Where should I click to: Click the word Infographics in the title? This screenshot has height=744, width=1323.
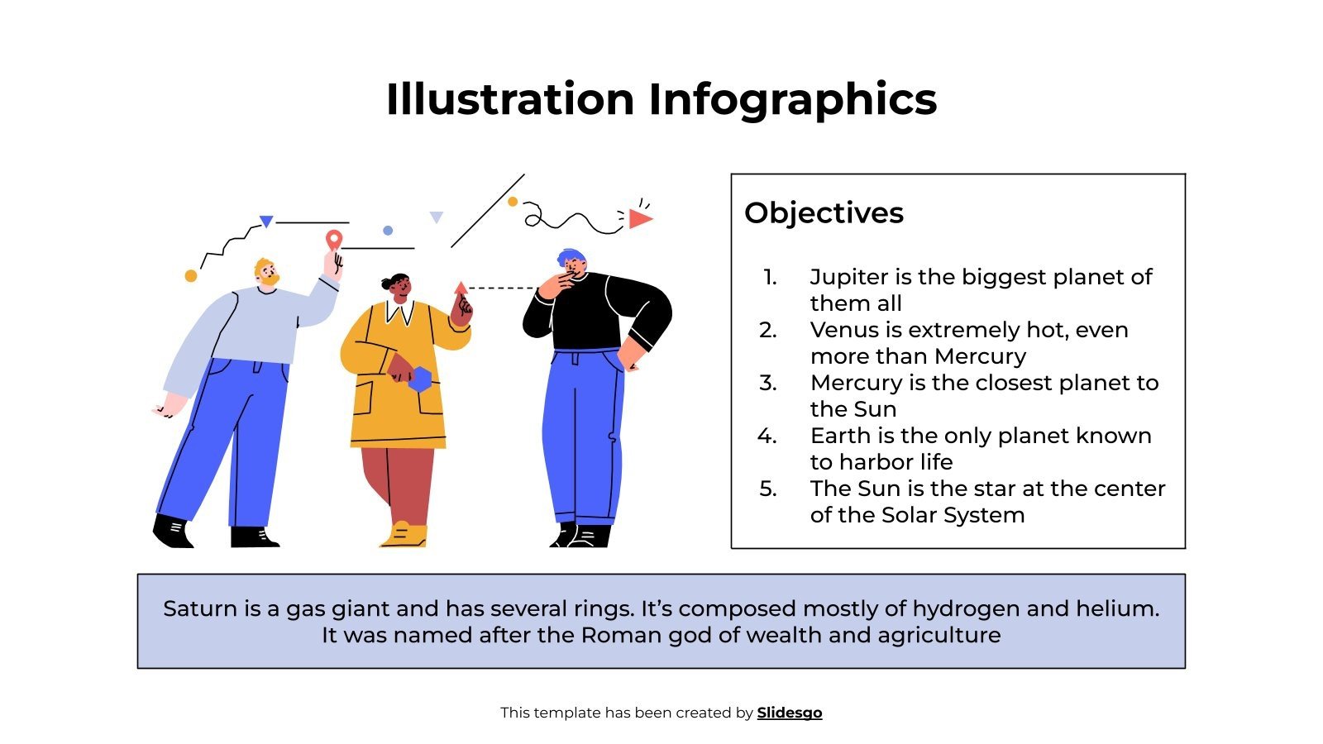click(792, 99)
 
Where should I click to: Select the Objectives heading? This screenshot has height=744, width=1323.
click(824, 213)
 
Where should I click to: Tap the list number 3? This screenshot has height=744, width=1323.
click(768, 383)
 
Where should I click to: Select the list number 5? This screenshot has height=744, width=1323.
click(768, 489)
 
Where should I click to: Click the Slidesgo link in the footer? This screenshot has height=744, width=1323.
click(789, 713)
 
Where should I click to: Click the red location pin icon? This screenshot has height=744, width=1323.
click(333, 240)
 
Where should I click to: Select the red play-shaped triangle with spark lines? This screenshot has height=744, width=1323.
click(638, 218)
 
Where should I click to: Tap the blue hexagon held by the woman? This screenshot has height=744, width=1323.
click(420, 379)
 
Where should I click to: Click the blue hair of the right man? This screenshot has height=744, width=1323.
click(571, 257)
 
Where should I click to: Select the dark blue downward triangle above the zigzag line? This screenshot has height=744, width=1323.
click(266, 222)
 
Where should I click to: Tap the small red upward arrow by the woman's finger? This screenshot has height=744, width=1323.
click(461, 289)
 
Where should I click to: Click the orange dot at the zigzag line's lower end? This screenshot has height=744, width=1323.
click(191, 276)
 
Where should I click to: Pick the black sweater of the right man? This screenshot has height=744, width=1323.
click(595, 314)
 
